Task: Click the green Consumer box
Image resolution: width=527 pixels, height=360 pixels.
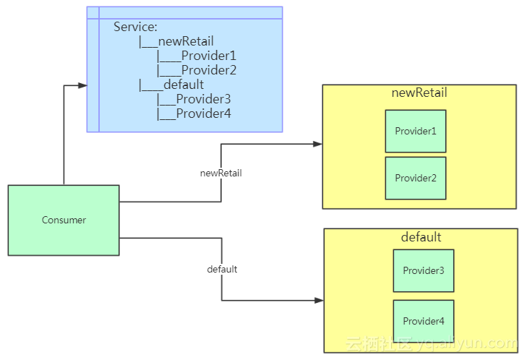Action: coord(64,220)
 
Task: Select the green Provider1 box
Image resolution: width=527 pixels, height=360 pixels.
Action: coord(416,131)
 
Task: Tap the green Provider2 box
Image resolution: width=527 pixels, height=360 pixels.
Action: coord(416,178)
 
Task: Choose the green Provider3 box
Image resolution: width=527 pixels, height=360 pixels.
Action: coord(424,270)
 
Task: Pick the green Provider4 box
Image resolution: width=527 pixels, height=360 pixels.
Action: coord(424,321)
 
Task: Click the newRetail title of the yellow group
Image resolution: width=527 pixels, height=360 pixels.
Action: coord(419,93)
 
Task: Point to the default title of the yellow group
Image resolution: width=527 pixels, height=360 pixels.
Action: coord(421,237)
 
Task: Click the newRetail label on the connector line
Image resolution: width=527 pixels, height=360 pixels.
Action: coord(220,173)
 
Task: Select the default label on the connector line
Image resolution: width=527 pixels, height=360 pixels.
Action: coord(222,269)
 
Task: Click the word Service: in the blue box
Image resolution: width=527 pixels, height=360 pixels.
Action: coord(135,27)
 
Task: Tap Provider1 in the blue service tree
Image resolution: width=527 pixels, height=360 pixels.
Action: coord(208,56)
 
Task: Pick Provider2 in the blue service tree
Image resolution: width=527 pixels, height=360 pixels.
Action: coord(208,70)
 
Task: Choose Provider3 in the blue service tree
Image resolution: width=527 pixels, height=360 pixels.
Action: coord(203,99)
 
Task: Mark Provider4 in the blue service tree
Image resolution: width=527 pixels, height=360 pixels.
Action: coord(203,113)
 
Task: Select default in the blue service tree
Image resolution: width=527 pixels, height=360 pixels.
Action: coord(184,85)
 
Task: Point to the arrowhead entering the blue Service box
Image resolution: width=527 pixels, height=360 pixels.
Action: coord(82,85)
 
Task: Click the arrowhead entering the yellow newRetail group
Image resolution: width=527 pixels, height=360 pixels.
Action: coord(317,144)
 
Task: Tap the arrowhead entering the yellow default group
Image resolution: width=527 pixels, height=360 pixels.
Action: coord(319,300)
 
